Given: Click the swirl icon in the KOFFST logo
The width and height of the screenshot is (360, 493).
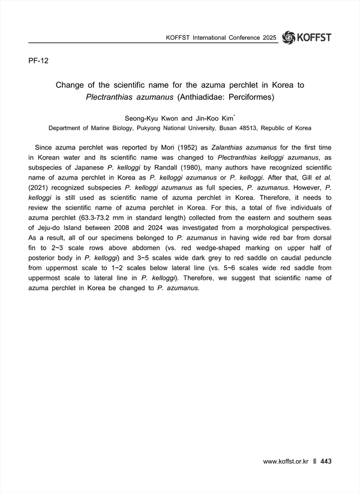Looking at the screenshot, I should pos(288,37).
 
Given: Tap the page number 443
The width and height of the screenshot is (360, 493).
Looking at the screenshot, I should pos(326,461).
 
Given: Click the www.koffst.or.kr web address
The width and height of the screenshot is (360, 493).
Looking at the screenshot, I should pos(286,461).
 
